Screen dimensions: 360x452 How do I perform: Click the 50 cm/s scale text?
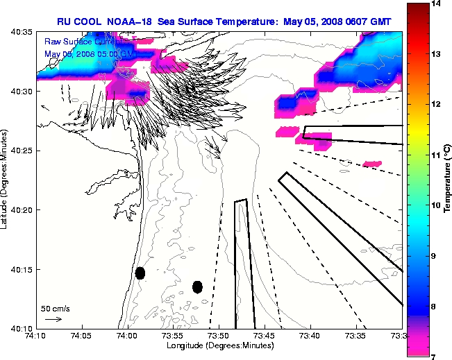(56, 308)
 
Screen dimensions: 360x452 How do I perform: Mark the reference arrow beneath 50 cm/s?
(53, 319)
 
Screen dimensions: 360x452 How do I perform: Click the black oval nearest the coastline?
(140, 273)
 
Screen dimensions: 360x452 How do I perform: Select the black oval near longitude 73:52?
(197, 286)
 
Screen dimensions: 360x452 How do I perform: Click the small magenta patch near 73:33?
(372, 164)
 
